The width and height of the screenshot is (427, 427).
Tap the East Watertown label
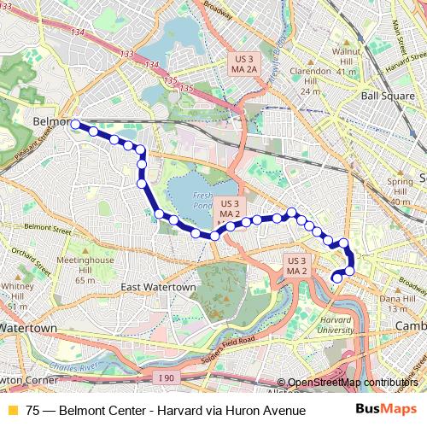pyautogui.click(x=158, y=288)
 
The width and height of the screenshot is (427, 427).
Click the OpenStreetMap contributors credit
pyautogui.click(x=352, y=383)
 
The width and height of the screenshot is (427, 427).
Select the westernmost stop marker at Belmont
pyautogui.click(x=75, y=124)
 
